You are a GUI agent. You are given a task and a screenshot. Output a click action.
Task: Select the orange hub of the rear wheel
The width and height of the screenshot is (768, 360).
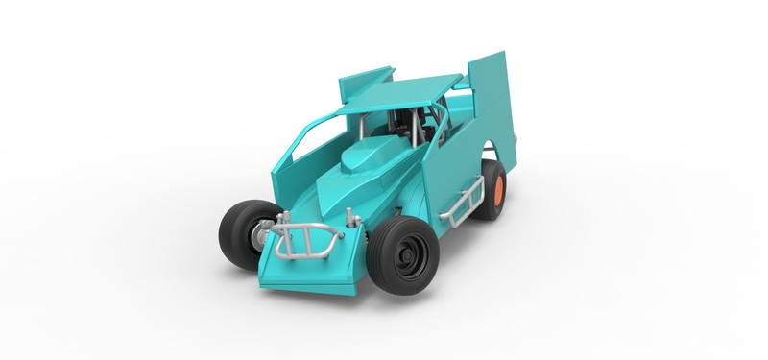pos(499,188)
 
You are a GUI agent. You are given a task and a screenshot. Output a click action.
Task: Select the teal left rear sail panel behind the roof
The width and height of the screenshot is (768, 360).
pos(365,81)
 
